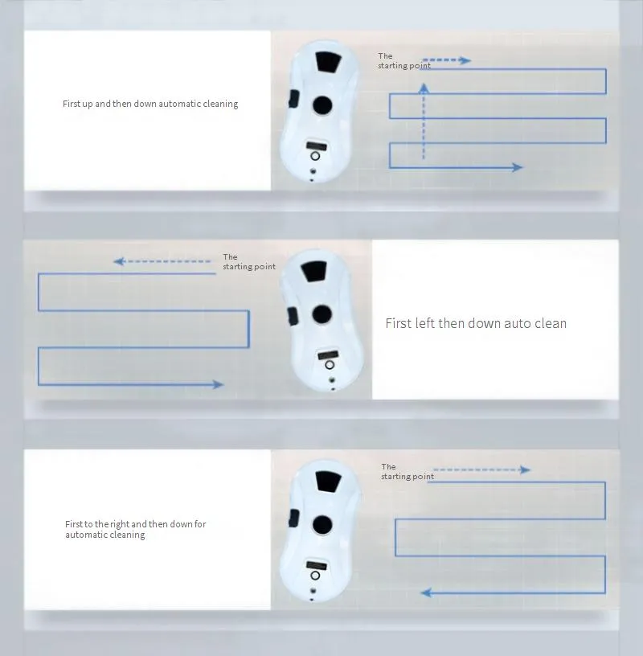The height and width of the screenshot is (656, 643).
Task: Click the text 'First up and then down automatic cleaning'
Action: coord(150,104)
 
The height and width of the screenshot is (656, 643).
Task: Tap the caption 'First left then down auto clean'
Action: coord(476,323)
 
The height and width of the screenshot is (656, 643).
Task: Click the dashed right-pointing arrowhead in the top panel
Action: coord(465,60)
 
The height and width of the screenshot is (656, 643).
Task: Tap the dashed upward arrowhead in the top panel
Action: coord(424,88)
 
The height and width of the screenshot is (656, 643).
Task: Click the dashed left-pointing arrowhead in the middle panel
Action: coord(119,261)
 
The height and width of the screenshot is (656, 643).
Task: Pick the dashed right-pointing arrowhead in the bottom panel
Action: coord(525,469)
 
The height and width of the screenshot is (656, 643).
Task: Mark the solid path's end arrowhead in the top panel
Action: coord(518,167)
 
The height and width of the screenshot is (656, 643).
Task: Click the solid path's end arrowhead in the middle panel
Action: coord(218,384)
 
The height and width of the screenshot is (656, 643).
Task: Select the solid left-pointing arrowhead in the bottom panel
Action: coord(426,592)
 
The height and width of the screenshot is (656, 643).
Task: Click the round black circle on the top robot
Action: coord(322,105)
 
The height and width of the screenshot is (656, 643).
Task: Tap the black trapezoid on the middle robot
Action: coord(313,271)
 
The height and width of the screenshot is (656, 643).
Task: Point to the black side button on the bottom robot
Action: coord(294,518)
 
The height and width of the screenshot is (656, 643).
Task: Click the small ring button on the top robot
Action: coord(315,156)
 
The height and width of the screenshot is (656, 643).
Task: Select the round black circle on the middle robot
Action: coord(321,314)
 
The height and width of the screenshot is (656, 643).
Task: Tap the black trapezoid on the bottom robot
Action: coord(329,481)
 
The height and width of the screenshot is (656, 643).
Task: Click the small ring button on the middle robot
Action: coord(330,365)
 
